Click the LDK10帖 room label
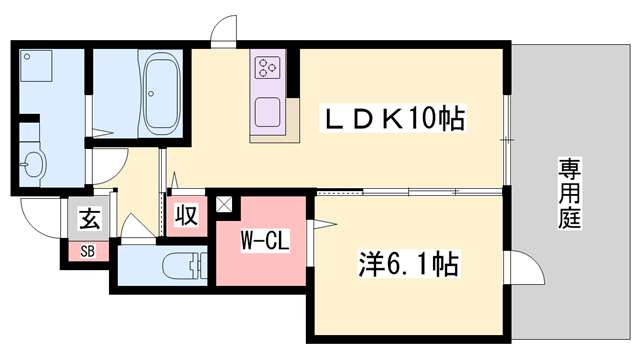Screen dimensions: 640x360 (x=393, y=119)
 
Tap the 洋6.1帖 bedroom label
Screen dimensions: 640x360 (x=409, y=264)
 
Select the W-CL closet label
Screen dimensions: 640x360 (x=264, y=241)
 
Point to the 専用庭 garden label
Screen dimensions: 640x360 (x=569, y=193)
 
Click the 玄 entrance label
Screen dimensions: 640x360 (x=89, y=218)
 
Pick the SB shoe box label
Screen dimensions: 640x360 (x=87, y=251)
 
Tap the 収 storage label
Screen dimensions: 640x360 (x=187, y=215)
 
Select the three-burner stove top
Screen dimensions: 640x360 (x=268, y=68)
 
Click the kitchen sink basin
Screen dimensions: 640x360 (x=268, y=112)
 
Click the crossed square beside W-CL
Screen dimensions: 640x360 (x=224, y=204)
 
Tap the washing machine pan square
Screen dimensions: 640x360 (x=36, y=66)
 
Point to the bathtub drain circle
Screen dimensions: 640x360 (x=151, y=94)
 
